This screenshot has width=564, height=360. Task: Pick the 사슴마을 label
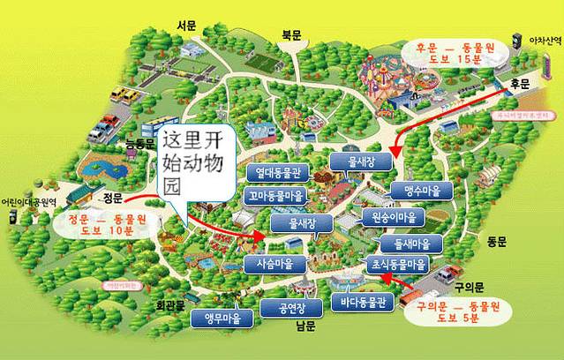[274, 264]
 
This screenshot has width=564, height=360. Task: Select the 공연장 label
[290, 309]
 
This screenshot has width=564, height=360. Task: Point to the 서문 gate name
[186, 26]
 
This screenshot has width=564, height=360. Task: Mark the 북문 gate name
[291, 34]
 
